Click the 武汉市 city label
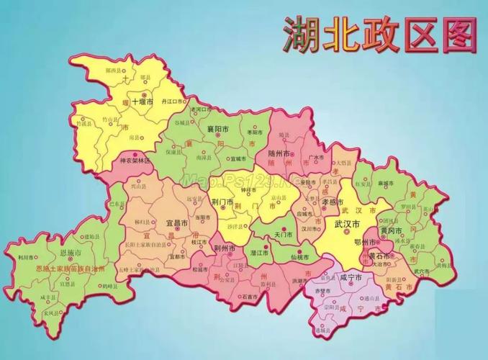click(x=348, y=223)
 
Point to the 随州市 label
click(x=279, y=154)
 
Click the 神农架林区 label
click(x=135, y=161)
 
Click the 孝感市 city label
click(x=333, y=202)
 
